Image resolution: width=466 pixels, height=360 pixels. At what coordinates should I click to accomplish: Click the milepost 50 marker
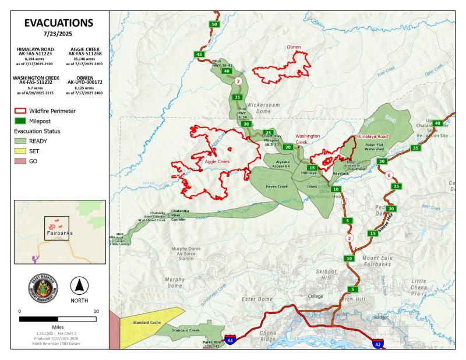click(214, 24)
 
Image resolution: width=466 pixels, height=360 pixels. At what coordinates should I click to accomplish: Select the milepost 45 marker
click(200, 54)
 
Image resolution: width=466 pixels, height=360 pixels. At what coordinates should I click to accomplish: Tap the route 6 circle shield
click(389, 175)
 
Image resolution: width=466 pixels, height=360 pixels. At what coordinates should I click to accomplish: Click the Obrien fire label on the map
click(294, 47)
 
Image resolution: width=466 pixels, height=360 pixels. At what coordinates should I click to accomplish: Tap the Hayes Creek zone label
click(277, 186)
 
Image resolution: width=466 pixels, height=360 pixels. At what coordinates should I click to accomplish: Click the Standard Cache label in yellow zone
click(147, 322)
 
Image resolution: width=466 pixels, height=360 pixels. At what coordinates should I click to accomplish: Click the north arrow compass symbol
click(79, 286)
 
